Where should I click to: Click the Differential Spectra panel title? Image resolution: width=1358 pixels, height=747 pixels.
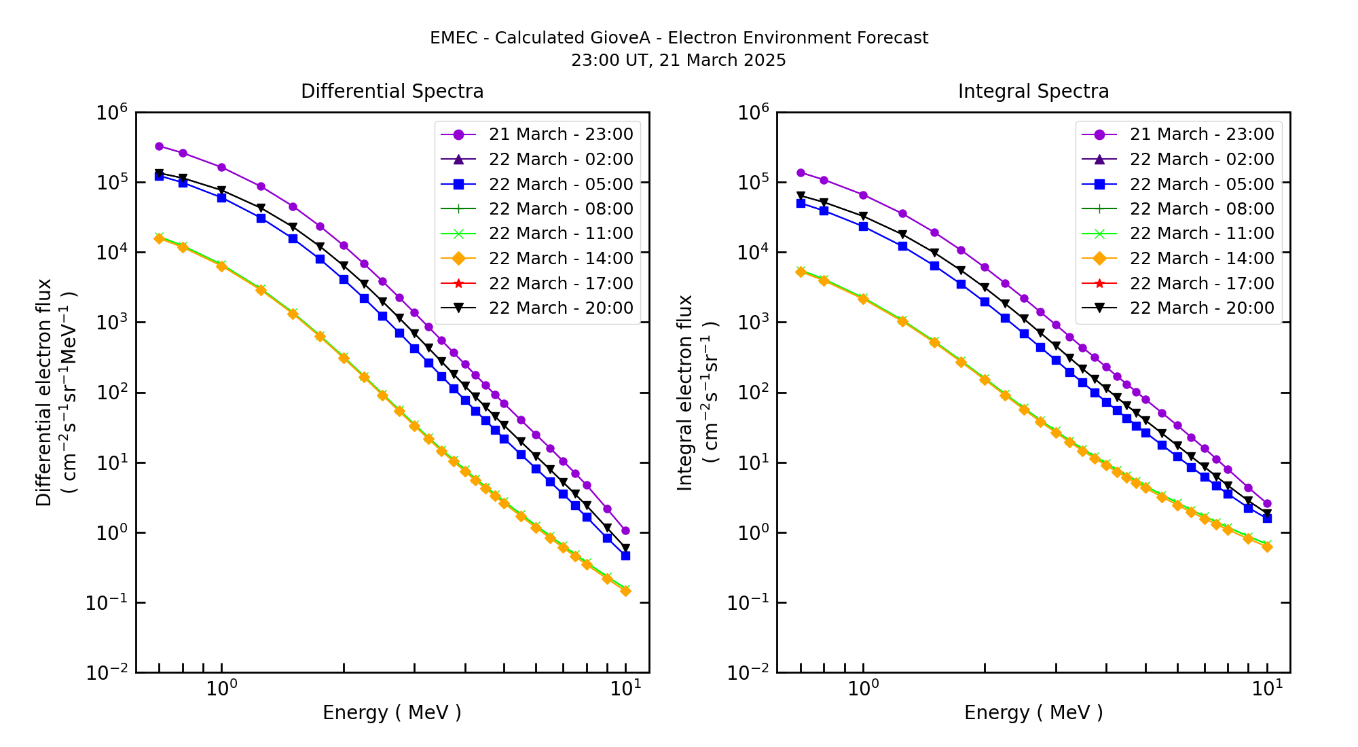pyautogui.click(x=392, y=92)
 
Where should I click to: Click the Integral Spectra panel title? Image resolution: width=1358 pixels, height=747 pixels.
pyautogui.click(x=1033, y=92)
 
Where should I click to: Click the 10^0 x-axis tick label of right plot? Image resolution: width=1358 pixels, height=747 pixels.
pyautogui.click(x=863, y=689)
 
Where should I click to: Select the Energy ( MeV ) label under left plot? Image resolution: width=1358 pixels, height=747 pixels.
pyautogui.click(x=392, y=712)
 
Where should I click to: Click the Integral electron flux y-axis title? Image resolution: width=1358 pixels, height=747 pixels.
pyautogui.click(x=685, y=393)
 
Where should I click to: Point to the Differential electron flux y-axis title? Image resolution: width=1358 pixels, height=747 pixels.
pyautogui.click(x=44, y=393)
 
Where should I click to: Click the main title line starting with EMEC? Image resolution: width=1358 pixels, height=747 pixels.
pyautogui.click(x=678, y=38)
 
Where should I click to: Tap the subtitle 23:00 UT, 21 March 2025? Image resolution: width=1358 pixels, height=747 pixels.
pyautogui.click(x=678, y=60)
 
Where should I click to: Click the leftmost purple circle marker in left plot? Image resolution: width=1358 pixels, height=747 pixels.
pyautogui.click(x=159, y=146)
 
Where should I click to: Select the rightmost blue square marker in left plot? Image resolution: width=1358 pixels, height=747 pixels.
pyautogui.click(x=625, y=555)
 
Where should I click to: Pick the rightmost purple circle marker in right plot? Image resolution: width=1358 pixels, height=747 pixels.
pyautogui.click(x=1267, y=504)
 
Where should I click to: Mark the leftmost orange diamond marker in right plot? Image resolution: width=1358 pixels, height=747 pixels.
pyautogui.click(x=801, y=272)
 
